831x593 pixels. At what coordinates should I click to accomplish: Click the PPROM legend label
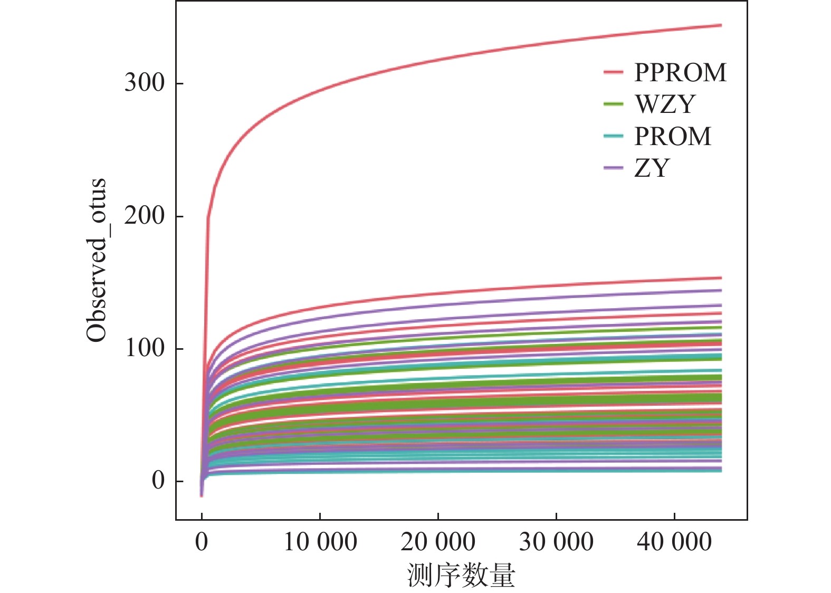point(680,73)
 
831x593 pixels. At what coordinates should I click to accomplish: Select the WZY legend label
point(665,104)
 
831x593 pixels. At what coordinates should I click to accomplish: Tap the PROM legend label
point(673,137)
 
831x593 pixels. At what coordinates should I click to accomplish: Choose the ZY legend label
point(652,168)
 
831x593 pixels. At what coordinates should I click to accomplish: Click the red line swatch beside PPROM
point(614,72)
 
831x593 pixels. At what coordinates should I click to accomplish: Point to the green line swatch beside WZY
point(614,104)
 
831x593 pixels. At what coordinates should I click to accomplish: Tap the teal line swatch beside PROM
point(614,137)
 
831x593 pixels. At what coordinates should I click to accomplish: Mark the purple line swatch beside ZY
point(614,168)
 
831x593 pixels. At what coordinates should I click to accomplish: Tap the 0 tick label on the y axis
point(158,481)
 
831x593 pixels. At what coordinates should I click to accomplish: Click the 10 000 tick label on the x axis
point(320,542)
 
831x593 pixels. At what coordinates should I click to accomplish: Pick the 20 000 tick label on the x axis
point(438,542)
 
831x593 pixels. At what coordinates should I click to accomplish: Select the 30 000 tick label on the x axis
point(556,542)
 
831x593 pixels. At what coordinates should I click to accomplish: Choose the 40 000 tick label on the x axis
point(674,542)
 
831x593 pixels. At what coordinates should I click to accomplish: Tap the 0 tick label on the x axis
point(202,542)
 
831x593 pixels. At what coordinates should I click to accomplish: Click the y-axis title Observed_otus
point(97,261)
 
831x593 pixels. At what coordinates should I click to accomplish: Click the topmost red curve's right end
point(720,25)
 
